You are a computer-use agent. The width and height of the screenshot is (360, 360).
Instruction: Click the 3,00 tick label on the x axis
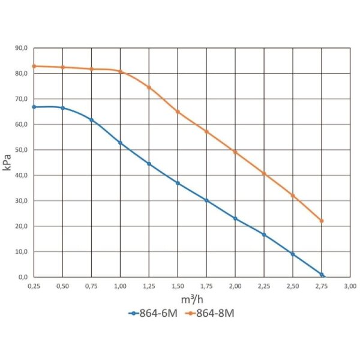(x=350, y=286)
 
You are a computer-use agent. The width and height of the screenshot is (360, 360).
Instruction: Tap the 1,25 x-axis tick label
(x=149, y=286)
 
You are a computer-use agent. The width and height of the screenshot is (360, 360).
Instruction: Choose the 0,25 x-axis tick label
(x=34, y=286)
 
